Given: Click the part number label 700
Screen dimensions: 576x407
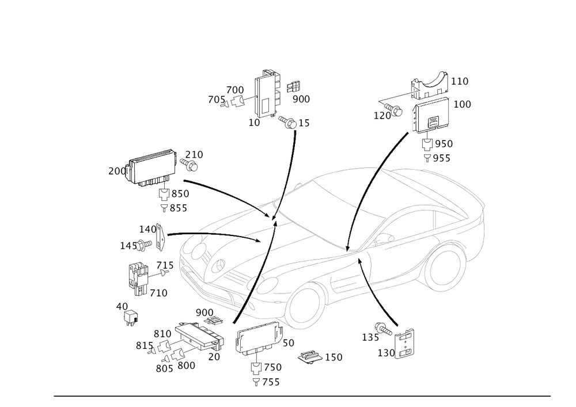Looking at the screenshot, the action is tap(236, 90).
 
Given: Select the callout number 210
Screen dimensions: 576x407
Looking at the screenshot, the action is tap(194, 154).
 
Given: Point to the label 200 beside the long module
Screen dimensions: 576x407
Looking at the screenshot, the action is tap(116, 171).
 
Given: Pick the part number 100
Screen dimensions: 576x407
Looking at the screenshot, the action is tap(462, 104).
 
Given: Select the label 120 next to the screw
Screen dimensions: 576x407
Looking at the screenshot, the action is tap(382, 115).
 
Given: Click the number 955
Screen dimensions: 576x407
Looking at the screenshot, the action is tap(442, 158).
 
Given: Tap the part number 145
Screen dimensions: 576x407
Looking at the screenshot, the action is tap(127, 246).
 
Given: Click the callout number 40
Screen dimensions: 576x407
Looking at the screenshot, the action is tap(122, 307).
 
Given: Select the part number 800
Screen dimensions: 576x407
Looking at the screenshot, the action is tap(187, 364).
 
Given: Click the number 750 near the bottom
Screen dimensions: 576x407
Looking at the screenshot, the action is tap(272, 367).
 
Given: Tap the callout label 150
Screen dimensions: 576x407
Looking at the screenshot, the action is tap(334, 357).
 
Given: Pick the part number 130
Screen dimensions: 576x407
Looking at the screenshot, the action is tap(385, 351).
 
